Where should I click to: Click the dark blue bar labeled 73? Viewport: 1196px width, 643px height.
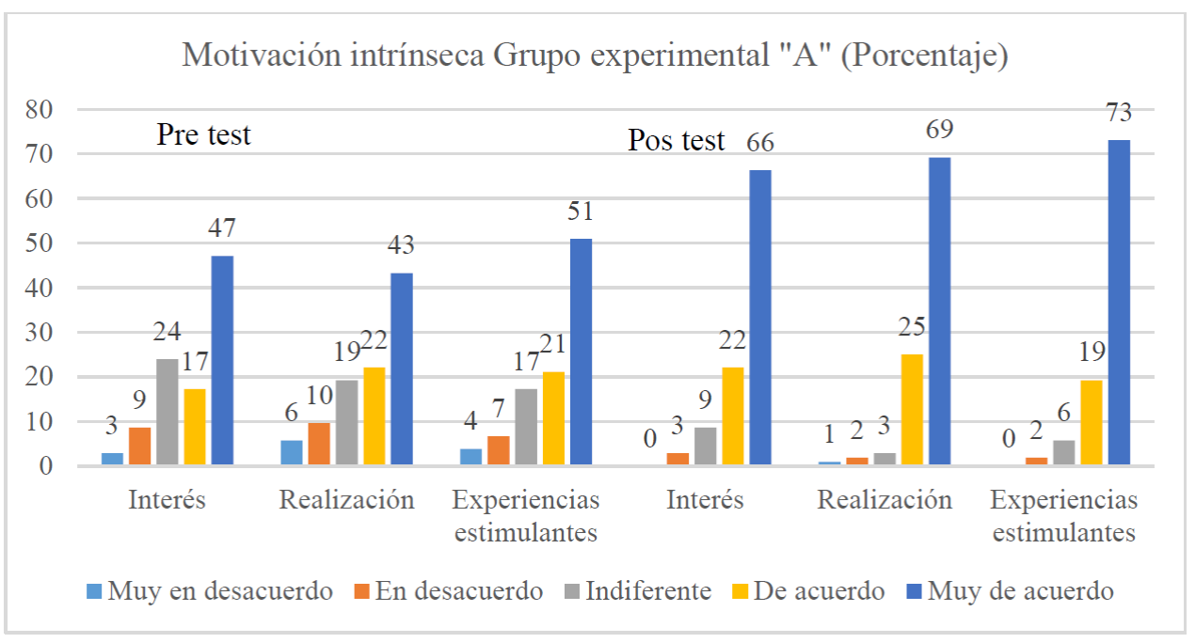pyautogui.click(x=1119, y=301)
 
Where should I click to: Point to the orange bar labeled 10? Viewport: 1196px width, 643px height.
pyautogui.click(x=319, y=444)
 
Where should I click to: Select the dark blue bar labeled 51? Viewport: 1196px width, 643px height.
pyautogui.click(x=581, y=352)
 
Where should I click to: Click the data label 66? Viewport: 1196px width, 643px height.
pyautogui.click(x=760, y=144)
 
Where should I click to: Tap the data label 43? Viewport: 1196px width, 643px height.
pyautogui.click(x=402, y=246)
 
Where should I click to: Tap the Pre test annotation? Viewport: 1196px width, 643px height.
pyautogui.click(x=204, y=134)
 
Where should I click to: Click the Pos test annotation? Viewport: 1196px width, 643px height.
pyautogui.click(x=677, y=141)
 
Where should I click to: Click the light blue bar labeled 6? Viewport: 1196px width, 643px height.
pyautogui.click(x=292, y=453)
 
